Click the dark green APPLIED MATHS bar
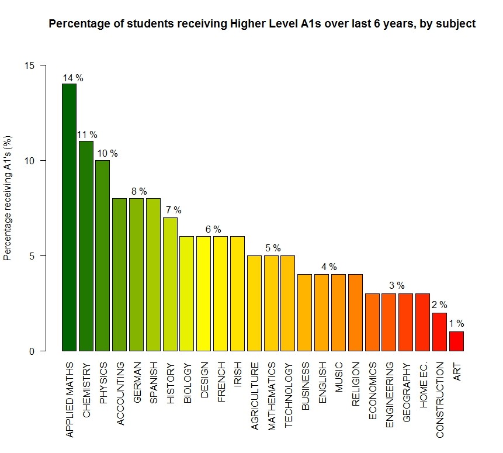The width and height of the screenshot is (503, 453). [70, 217]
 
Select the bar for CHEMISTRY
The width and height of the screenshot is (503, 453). [86, 246]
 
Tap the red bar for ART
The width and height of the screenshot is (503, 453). [456, 341]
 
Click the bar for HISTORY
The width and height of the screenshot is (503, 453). [170, 284]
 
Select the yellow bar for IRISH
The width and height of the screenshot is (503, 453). [237, 293]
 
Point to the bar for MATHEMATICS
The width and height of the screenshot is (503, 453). [271, 303]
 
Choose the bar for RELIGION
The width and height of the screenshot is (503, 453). [355, 313]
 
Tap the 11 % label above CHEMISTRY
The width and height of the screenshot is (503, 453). [88, 135]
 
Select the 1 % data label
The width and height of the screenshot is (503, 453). [456, 323]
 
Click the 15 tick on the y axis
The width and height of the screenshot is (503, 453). [29, 65]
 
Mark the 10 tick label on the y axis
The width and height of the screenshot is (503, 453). [29, 161]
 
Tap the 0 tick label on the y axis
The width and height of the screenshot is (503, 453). [32, 351]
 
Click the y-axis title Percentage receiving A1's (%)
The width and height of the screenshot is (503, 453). [8, 208]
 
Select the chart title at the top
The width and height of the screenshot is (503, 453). [262, 24]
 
